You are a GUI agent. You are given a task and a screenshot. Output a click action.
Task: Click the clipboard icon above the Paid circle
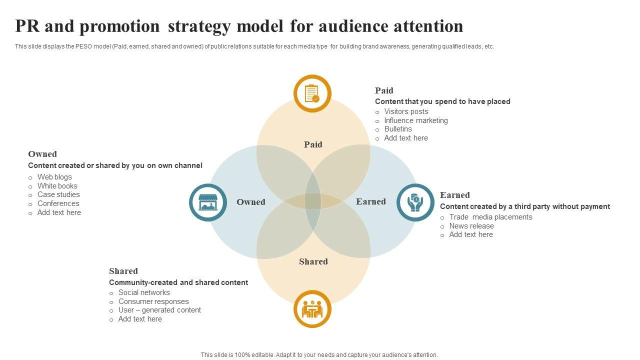point(312,93)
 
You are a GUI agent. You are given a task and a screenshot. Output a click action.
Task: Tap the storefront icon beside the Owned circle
point(208,202)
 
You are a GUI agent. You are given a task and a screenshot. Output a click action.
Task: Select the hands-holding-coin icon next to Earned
point(415,202)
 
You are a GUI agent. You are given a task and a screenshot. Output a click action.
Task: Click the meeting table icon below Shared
point(312,309)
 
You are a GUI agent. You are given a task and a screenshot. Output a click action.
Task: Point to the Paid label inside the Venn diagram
point(313,144)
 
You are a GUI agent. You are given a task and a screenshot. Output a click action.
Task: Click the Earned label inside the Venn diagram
point(370,201)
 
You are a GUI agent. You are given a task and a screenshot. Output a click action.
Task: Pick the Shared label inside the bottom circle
point(313,261)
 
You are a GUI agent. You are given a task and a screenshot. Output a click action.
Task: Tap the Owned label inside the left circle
point(250,202)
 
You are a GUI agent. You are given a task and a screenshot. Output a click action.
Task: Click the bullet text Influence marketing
point(416,120)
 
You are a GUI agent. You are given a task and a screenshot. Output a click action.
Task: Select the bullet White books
point(57,186)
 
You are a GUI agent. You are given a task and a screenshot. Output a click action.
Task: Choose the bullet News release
point(471,226)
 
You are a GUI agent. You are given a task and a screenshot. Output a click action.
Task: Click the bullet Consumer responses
point(153,301)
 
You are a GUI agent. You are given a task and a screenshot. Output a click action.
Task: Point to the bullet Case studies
point(58,194)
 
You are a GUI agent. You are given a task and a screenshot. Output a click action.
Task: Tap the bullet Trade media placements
point(490,217)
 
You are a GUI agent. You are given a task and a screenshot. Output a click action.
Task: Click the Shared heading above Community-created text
point(123,271)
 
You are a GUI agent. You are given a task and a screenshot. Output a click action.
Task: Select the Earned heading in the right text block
point(454,195)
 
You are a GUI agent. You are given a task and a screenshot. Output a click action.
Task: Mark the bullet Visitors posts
point(406,111)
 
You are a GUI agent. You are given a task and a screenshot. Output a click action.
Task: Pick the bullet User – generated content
point(159,310)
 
